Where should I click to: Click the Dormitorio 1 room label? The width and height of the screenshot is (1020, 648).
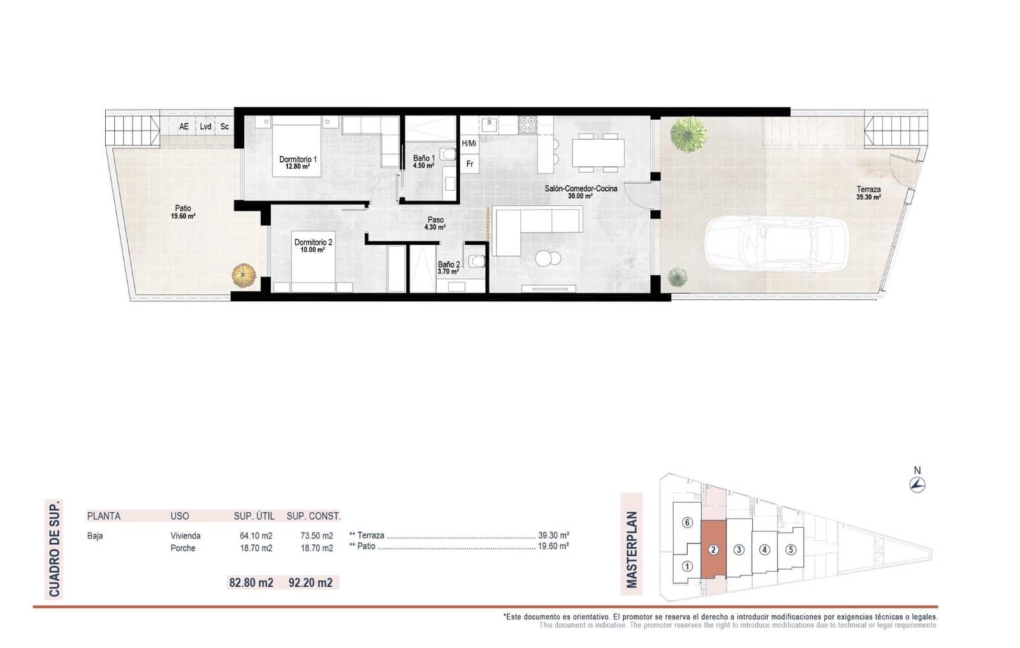pyautogui.click(x=298, y=162)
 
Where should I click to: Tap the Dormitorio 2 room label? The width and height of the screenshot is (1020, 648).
pyautogui.click(x=312, y=246)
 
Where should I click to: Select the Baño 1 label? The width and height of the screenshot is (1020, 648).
pyautogui.click(x=423, y=162)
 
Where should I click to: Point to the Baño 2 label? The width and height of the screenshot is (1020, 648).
pyautogui.click(x=448, y=268)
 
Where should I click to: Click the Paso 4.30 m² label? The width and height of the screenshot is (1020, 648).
pyautogui.click(x=435, y=223)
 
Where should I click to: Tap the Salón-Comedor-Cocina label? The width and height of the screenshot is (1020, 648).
pyautogui.click(x=580, y=192)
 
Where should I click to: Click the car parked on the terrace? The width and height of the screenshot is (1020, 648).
pyautogui.click(x=776, y=242)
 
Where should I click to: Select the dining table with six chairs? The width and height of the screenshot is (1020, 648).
pyautogui.click(x=598, y=153)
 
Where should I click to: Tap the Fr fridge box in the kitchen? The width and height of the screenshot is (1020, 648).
pyautogui.click(x=470, y=164)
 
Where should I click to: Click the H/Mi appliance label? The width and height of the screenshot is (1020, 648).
pyautogui.click(x=469, y=143)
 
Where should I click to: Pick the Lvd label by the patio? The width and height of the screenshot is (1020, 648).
pyautogui.click(x=205, y=127)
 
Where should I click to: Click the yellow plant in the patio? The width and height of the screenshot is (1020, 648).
pyautogui.click(x=244, y=275)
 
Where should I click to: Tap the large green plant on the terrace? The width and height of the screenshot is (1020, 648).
pyautogui.click(x=687, y=134)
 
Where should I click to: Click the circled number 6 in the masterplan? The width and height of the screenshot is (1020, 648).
pyautogui.click(x=687, y=522)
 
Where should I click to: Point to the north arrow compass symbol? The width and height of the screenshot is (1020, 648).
pyautogui.click(x=917, y=485)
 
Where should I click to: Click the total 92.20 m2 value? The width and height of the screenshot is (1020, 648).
pyautogui.click(x=310, y=582)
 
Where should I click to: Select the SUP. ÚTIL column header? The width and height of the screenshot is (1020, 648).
pyautogui.click(x=254, y=516)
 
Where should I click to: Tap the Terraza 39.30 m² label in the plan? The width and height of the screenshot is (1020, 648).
pyautogui.click(x=868, y=193)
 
